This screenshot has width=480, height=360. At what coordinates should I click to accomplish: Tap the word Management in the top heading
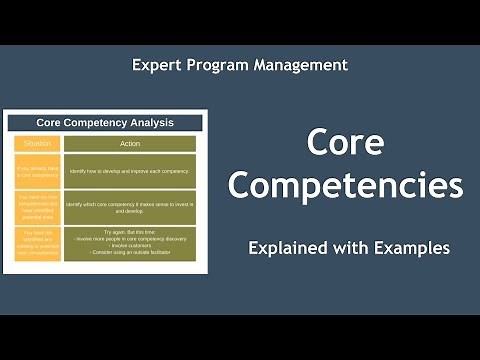tap(303, 65)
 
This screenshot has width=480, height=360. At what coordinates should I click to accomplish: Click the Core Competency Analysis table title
tap(105, 123)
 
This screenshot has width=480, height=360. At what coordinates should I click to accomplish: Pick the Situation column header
tap(37, 143)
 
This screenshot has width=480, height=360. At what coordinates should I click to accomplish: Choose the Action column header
tap(131, 143)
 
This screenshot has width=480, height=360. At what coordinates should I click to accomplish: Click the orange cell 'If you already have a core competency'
tap(37, 170)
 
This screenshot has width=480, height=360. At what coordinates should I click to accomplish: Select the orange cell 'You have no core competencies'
tap(37, 207)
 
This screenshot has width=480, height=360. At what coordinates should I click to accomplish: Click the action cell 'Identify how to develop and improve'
tap(131, 171)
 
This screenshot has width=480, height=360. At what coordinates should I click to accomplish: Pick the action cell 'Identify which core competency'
tap(131, 208)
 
